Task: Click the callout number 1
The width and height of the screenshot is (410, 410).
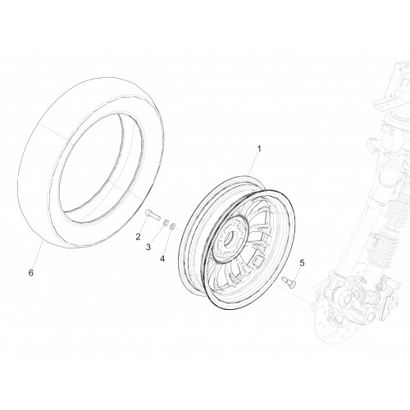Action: coord(259,149)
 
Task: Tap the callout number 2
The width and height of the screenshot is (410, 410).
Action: coord(139,236)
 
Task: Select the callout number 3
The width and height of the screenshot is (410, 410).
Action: coord(148,247)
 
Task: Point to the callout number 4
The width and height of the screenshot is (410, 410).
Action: coord(162,258)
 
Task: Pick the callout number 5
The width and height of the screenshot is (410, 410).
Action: coord(302,263)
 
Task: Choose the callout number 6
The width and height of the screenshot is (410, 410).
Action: coord(31,272)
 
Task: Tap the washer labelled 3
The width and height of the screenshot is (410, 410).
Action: coord(166,223)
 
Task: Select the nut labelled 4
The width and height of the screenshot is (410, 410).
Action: coord(172,226)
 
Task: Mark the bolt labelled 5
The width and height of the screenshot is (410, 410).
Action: coord(289,281)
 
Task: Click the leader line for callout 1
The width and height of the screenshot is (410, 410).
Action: coord(253,165)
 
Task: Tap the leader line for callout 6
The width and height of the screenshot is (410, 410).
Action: coord(39,255)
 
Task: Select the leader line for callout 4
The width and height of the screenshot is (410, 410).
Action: coord(168,242)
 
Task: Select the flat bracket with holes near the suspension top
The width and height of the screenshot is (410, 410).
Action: coord(385,104)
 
